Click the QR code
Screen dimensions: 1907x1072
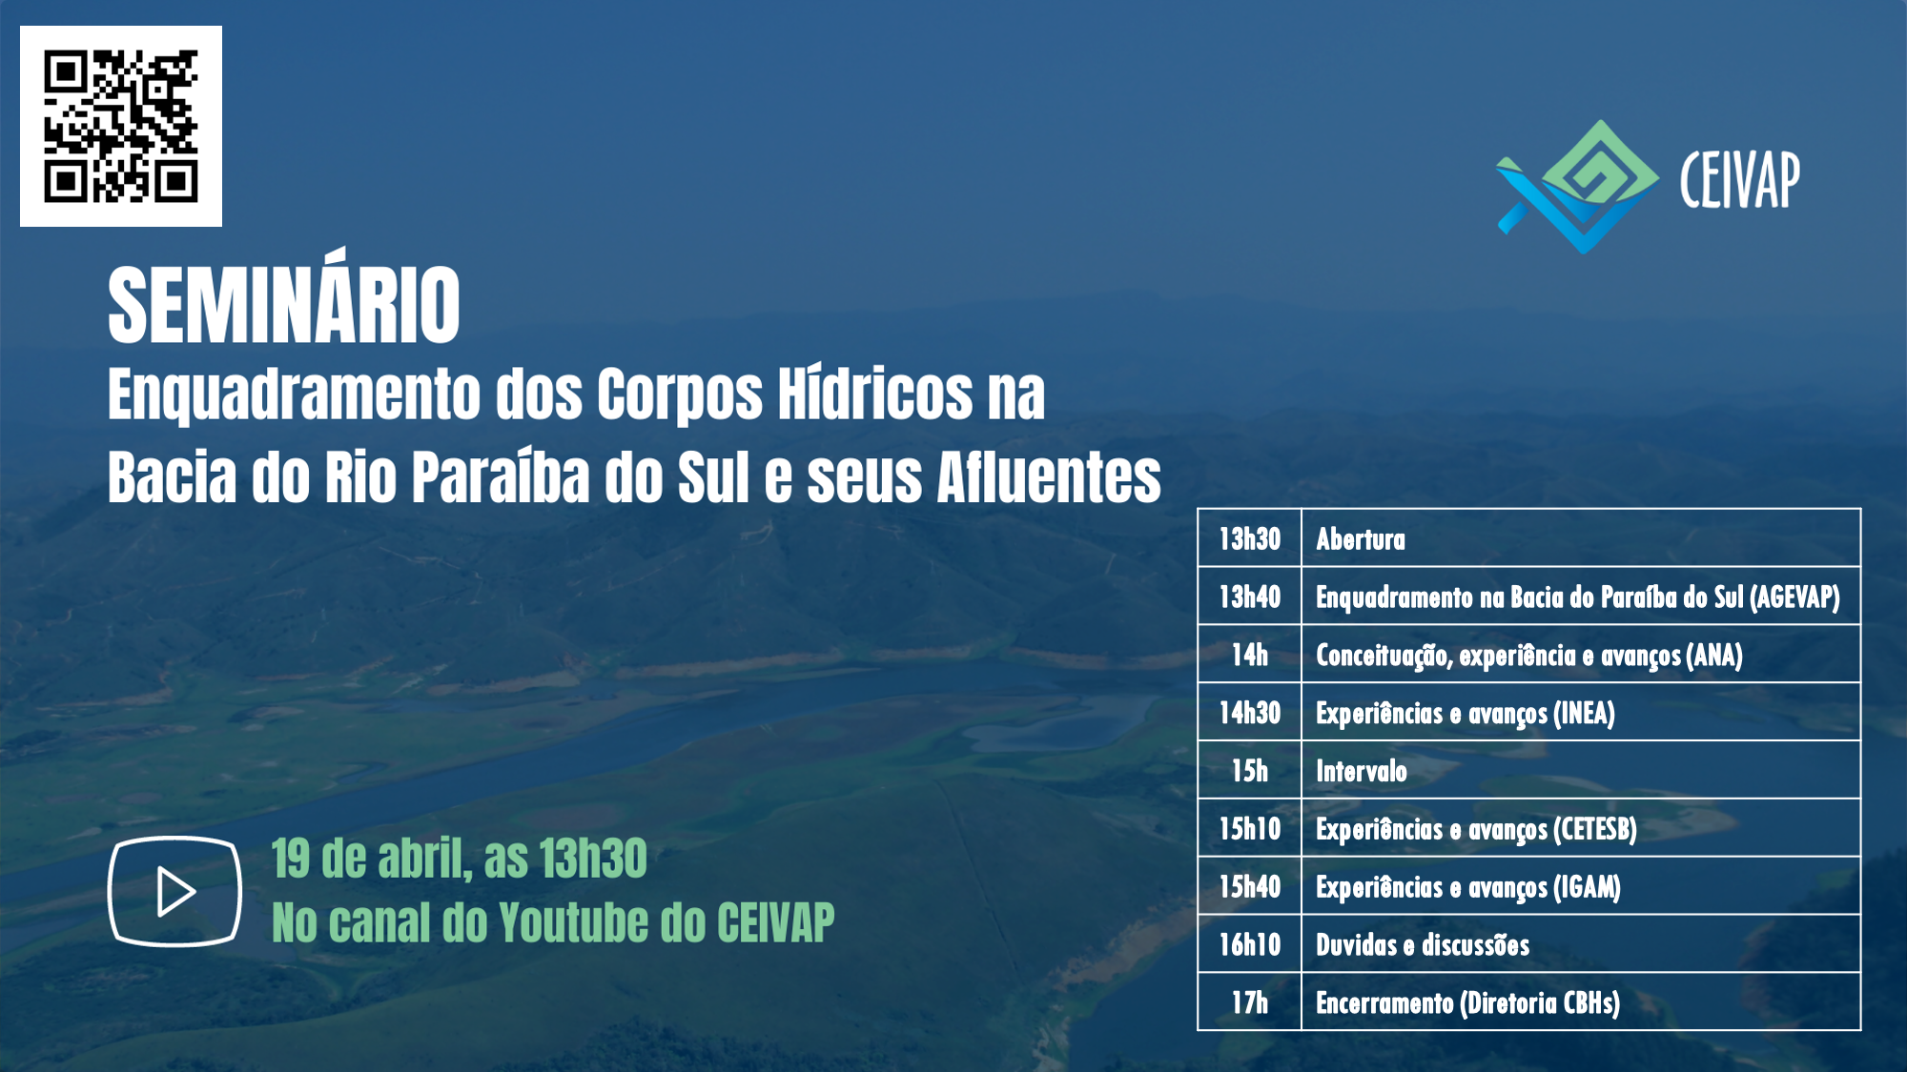121,126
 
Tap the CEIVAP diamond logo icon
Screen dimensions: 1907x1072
1578,187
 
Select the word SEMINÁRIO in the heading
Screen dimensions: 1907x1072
284,302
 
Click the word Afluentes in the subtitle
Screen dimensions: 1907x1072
1049,476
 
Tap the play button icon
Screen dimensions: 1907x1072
174,891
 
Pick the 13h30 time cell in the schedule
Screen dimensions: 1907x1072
1250,539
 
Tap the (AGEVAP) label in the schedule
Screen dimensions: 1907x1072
1794,597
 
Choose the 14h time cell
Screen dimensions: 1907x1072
1250,655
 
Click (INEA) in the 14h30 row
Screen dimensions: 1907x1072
1584,714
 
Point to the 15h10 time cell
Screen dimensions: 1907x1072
1250,829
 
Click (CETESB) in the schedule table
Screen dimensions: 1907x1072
1595,829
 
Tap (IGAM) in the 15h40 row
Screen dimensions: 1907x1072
1587,887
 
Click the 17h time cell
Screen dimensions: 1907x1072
1250,1002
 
